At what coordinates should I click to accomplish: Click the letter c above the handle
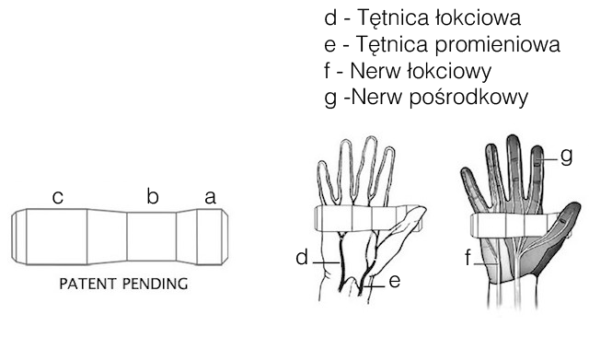[x=57, y=198]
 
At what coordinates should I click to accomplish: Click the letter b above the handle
[x=153, y=196]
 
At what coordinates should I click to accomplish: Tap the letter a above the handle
[x=211, y=198]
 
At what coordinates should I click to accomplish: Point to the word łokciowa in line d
[x=478, y=17]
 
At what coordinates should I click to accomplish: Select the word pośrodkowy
[x=468, y=98]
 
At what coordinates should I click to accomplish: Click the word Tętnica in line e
[x=392, y=44]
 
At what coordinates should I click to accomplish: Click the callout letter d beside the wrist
[x=302, y=258]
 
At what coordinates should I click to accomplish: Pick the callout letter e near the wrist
[x=395, y=281]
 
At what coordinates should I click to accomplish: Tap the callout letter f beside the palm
[x=468, y=258]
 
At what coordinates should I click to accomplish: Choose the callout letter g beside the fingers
[x=567, y=156]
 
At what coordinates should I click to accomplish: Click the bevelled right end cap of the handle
[x=225, y=237]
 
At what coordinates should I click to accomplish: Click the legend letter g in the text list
[x=330, y=99]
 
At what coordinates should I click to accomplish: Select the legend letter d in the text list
[x=330, y=17]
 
